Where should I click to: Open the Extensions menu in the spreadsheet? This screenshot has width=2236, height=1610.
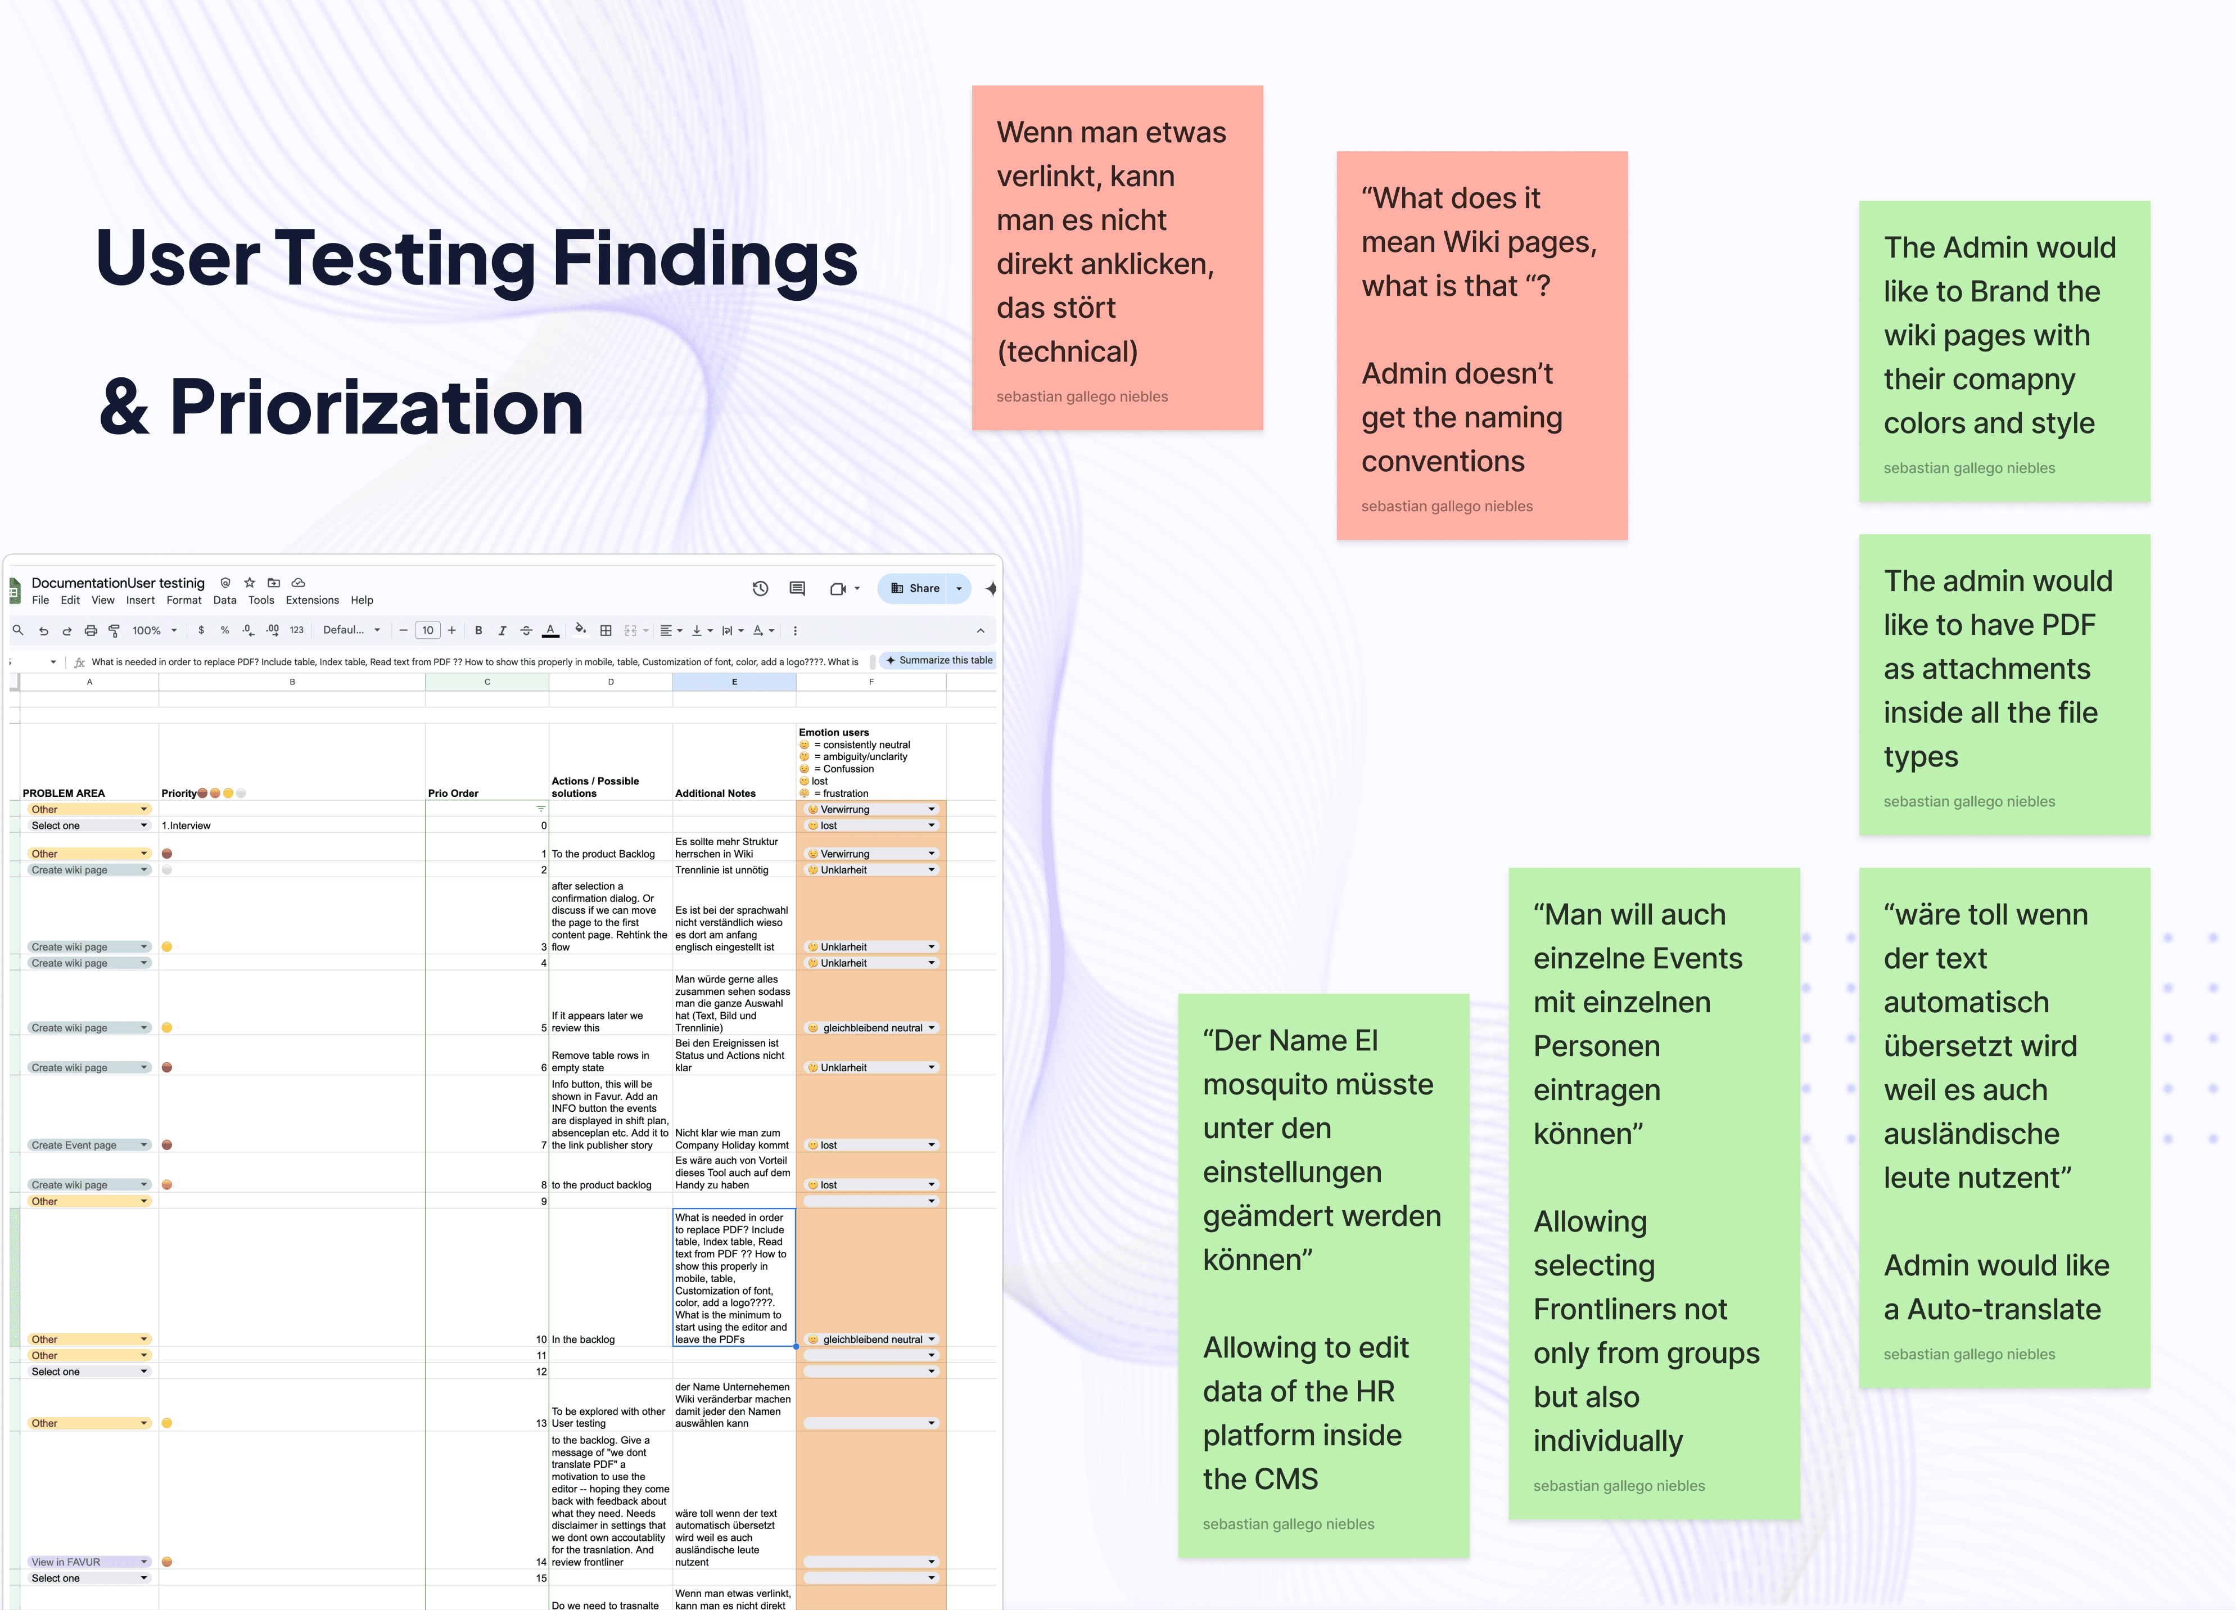(311, 601)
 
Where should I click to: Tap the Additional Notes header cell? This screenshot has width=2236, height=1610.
(715, 793)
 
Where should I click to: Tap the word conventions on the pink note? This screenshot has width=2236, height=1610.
(1442, 462)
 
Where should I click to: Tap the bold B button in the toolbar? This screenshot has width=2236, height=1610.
(478, 631)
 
